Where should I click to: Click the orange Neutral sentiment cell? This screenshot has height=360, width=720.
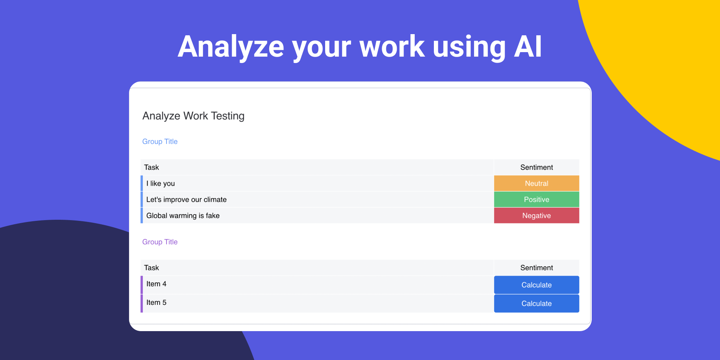536,183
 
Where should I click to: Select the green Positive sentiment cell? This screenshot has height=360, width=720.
536,199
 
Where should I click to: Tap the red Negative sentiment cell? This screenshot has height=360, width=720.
536,216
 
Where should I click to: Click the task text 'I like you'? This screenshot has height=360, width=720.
160,183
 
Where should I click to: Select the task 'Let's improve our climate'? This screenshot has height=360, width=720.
186,199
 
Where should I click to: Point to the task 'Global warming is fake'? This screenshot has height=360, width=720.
183,216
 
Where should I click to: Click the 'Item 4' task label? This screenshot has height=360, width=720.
156,284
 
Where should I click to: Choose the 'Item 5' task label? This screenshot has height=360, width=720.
156,302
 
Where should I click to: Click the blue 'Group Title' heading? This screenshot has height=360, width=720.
160,141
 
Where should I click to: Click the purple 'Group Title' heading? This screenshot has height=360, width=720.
160,242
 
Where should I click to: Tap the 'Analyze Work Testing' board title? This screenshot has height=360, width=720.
193,116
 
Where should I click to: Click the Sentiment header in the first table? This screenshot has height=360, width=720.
537,167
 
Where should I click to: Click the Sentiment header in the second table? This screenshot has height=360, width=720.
537,268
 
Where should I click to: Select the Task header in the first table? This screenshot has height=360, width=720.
151,167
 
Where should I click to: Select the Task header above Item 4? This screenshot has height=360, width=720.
151,268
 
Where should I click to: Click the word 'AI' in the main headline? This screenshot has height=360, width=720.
528,46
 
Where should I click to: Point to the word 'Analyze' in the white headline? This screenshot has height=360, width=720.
231,47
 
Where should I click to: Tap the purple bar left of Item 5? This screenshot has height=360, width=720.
142,303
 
